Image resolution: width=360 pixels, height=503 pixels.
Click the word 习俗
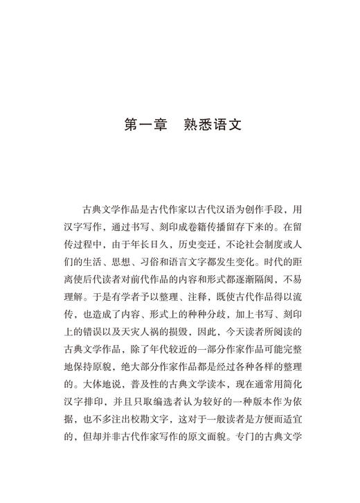168,260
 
